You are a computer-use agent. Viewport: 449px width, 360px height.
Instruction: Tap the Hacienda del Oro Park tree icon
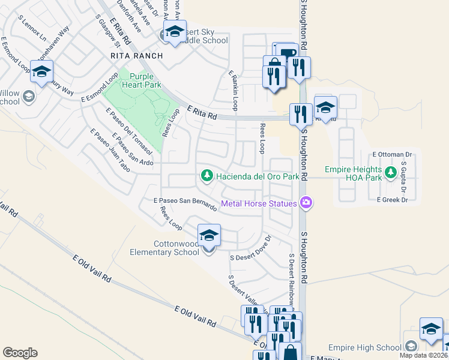click(206, 176)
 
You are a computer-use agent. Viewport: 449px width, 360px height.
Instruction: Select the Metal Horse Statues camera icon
click(306, 203)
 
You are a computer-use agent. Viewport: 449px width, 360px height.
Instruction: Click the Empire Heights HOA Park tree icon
click(391, 173)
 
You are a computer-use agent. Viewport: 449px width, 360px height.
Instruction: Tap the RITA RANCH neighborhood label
click(136, 56)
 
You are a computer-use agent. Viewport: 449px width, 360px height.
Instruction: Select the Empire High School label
click(365, 347)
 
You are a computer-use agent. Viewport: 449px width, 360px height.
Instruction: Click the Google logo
click(20, 353)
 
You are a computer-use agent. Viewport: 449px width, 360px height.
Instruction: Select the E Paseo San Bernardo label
click(185, 203)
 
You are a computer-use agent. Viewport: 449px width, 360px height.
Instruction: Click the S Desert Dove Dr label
click(252, 248)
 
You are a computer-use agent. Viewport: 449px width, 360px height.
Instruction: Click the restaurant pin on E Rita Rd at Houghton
click(300, 113)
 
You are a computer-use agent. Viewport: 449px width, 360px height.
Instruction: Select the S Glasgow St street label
click(109, 31)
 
